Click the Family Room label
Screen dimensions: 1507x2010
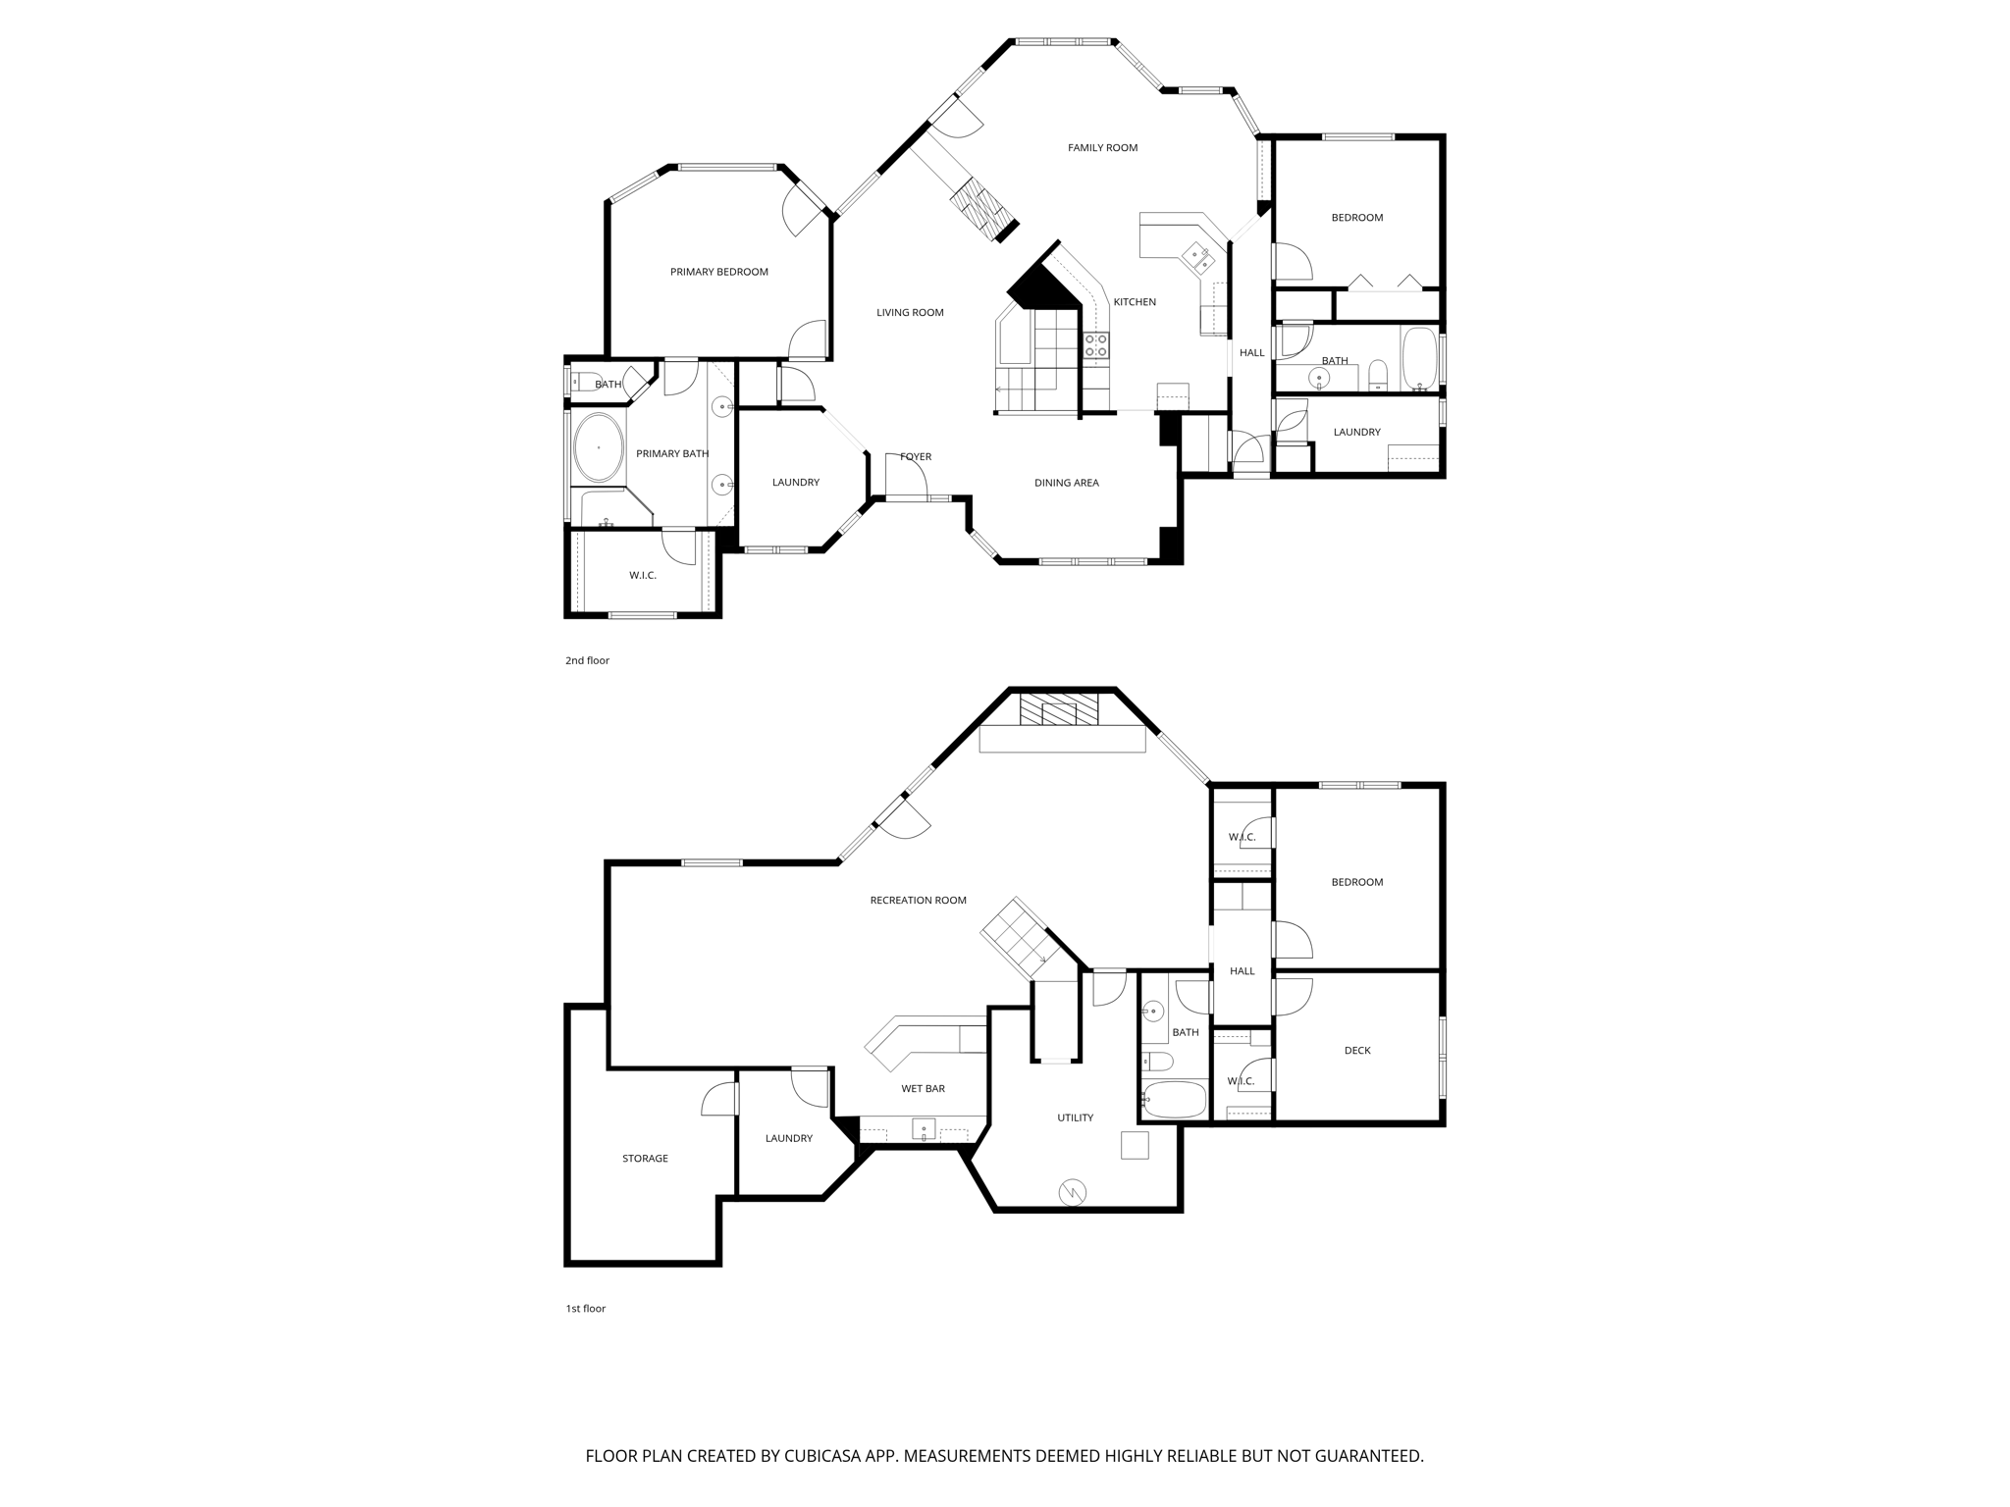[1102, 148]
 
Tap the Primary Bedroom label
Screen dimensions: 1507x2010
[718, 272]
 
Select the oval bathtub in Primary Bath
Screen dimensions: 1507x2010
[599, 447]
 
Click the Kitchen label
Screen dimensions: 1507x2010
[1135, 302]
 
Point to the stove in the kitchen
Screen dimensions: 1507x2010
[1096, 344]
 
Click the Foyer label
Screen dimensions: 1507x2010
[916, 457]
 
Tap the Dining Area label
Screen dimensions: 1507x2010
[1066, 483]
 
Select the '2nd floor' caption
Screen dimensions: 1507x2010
[587, 661]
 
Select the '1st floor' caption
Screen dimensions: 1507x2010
[585, 1309]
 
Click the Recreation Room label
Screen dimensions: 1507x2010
[918, 901]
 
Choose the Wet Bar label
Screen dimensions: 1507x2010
[923, 1089]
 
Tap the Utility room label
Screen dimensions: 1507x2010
[1075, 1118]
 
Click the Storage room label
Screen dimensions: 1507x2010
[645, 1159]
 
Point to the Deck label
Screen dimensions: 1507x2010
[1356, 1051]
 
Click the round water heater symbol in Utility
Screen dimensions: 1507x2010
[1072, 1192]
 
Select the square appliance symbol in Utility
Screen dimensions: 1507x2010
[1135, 1145]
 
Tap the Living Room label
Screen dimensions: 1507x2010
[910, 313]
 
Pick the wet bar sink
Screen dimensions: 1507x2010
[924, 1129]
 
